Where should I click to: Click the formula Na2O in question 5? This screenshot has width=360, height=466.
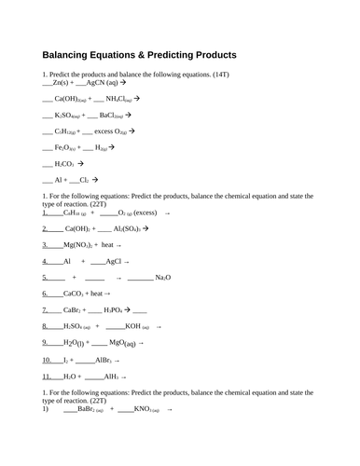click(162, 278)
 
